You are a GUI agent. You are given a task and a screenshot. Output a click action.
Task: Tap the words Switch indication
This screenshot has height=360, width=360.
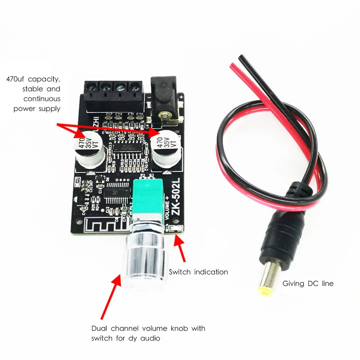[x=198, y=272]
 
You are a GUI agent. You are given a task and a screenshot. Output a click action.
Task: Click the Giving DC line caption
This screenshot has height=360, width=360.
[x=308, y=284]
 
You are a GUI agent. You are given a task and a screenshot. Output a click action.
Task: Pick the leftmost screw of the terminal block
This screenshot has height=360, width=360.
[x=91, y=86]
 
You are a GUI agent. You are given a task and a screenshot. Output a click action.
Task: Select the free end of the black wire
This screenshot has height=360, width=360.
[x=242, y=57]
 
